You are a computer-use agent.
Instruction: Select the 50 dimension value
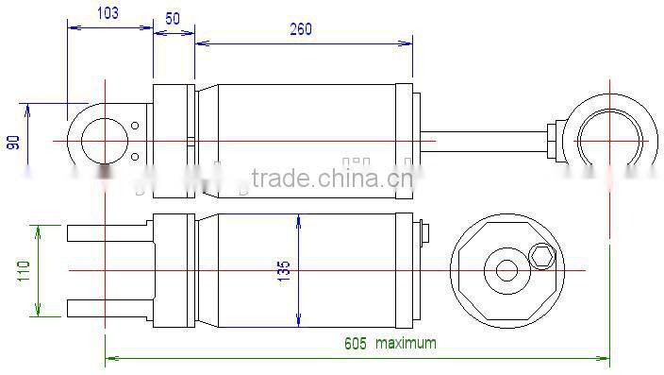[173, 19]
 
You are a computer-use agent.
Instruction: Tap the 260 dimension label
[300, 29]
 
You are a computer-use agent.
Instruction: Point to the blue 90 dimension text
[13, 142]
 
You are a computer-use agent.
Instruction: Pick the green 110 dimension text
[24, 272]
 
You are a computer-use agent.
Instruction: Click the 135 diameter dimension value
[283, 271]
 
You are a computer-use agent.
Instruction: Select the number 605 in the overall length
[355, 343]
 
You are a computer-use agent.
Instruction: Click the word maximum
[406, 343]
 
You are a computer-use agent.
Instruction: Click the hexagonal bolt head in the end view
[542, 255]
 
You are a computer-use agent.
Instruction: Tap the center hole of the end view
[506, 271]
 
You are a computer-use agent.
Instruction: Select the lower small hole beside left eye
[136, 157]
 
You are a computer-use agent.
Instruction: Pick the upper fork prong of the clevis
[104, 232]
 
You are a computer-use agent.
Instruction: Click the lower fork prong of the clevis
[104, 308]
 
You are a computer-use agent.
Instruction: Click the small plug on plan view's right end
[422, 232]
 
